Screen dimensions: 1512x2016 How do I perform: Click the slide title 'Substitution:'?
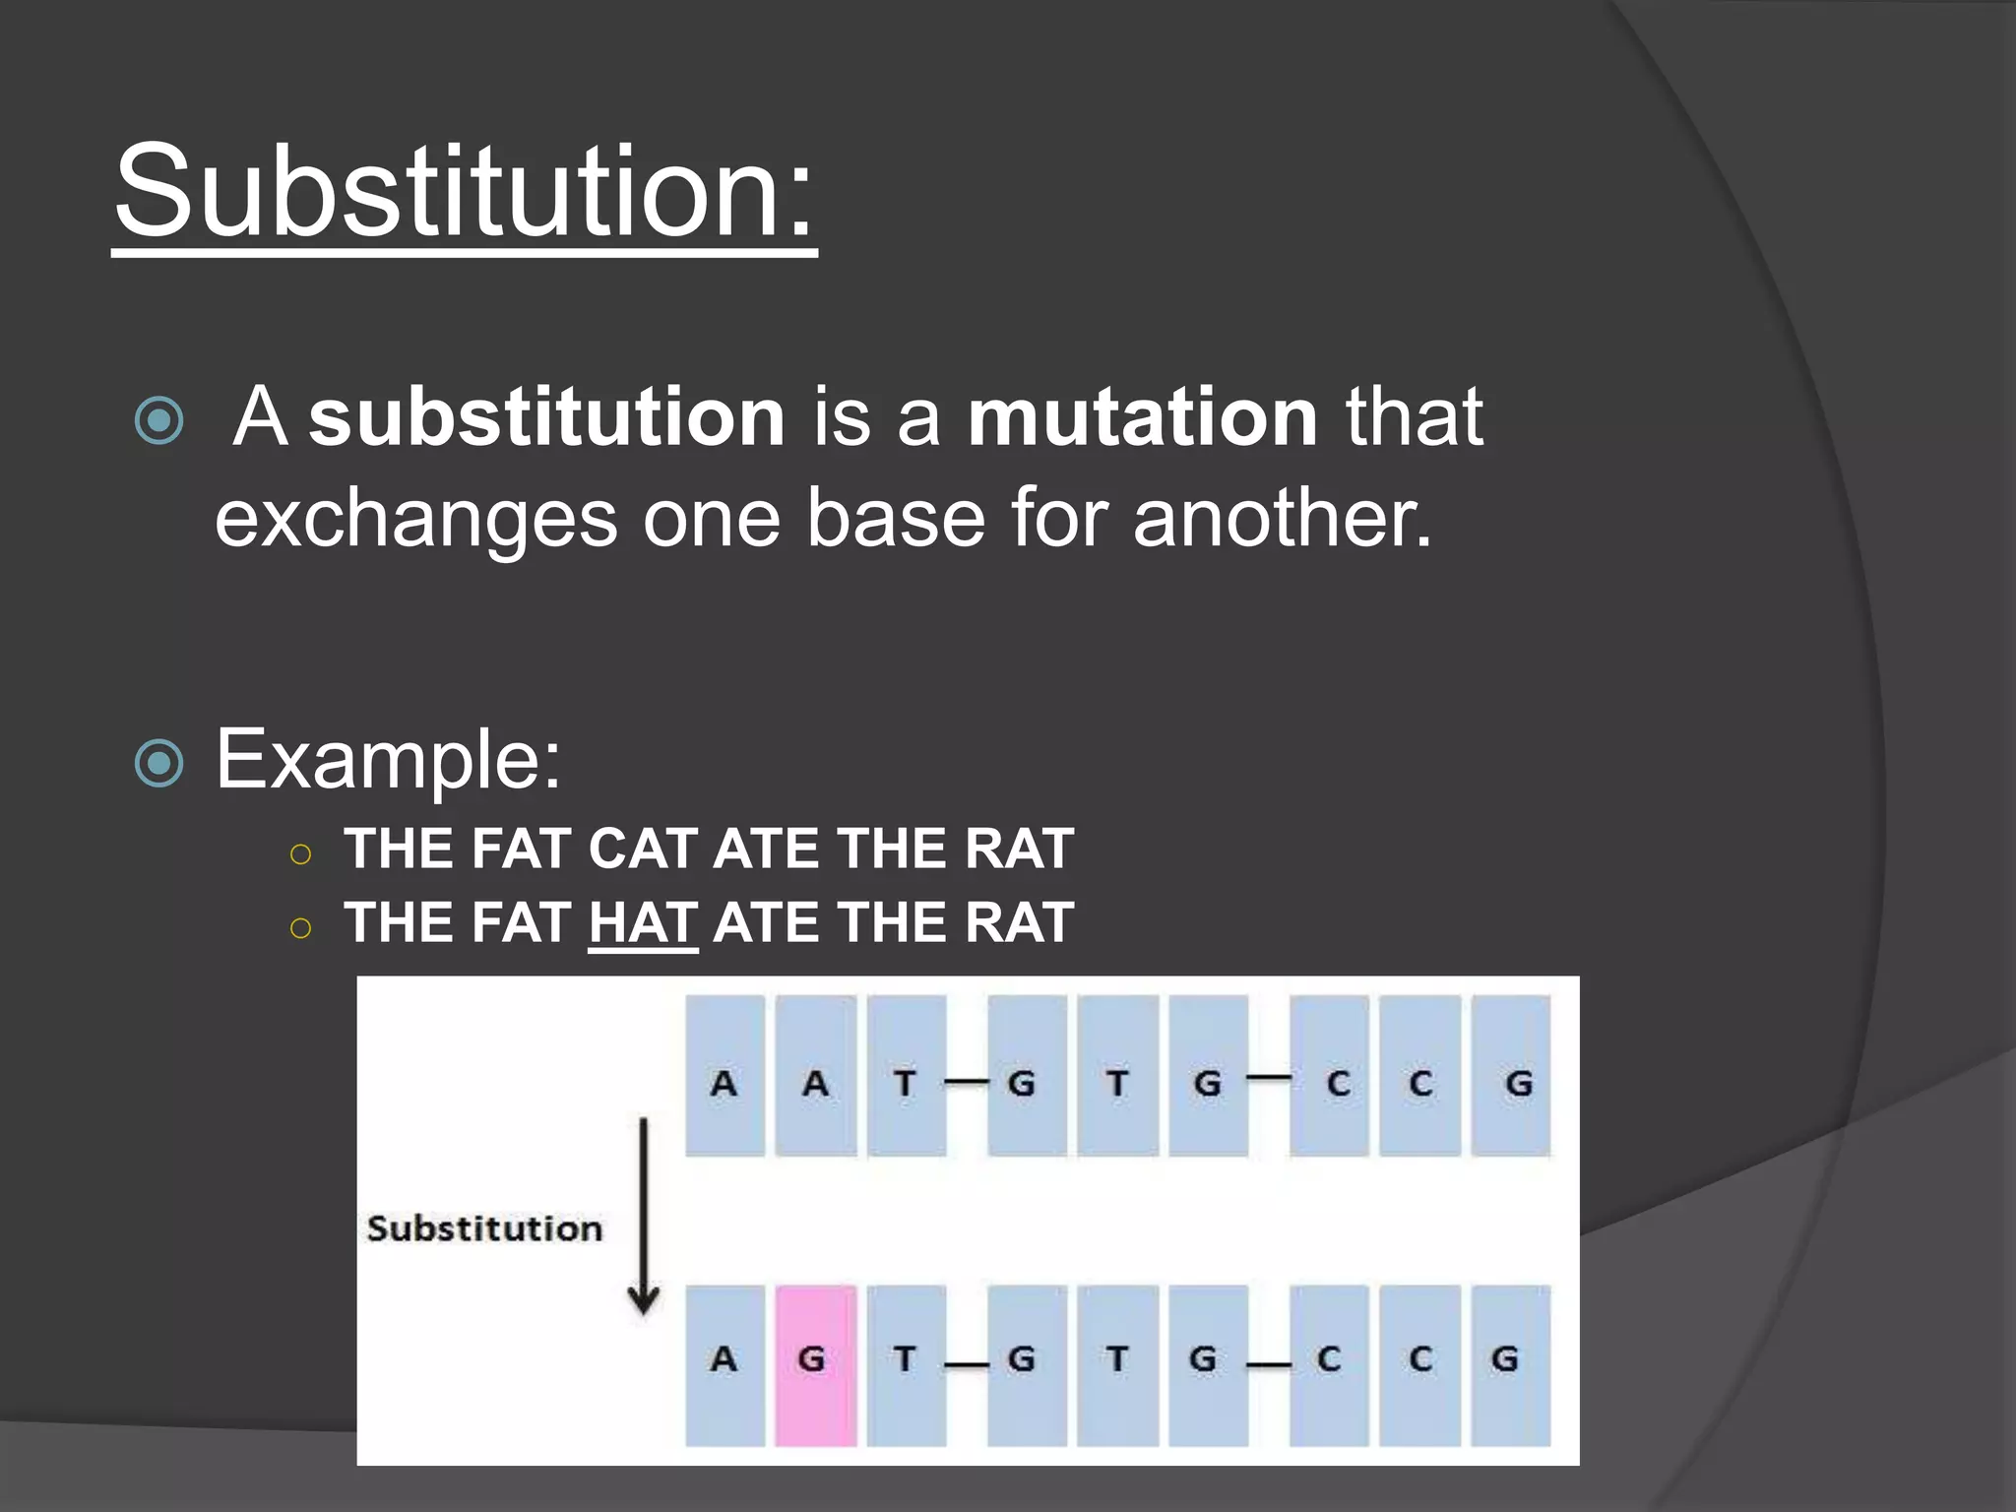465,191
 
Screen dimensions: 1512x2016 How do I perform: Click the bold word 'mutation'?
1142,417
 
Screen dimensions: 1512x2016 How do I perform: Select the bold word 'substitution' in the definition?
546,417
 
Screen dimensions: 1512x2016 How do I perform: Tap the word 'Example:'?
388,759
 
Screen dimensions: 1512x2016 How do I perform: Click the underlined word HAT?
643,923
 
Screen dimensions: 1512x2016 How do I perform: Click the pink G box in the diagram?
815,1364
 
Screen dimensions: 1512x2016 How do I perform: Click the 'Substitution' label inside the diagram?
484,1228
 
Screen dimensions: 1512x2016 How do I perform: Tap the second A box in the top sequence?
815,1076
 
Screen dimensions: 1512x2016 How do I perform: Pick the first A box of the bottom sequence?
724,1364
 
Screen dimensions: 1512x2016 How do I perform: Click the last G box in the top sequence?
1511,1076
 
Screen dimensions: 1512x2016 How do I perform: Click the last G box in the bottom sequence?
1511,1364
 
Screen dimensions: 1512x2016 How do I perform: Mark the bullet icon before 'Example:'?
159,763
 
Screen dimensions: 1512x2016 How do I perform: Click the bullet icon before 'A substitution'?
159,421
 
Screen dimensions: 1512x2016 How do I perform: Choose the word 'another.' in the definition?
1282,518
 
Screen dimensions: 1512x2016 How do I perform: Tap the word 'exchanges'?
415,520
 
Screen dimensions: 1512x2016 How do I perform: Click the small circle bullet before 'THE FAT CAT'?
301,853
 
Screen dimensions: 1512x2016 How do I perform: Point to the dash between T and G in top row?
967,1082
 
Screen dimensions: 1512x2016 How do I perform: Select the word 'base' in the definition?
896,518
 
